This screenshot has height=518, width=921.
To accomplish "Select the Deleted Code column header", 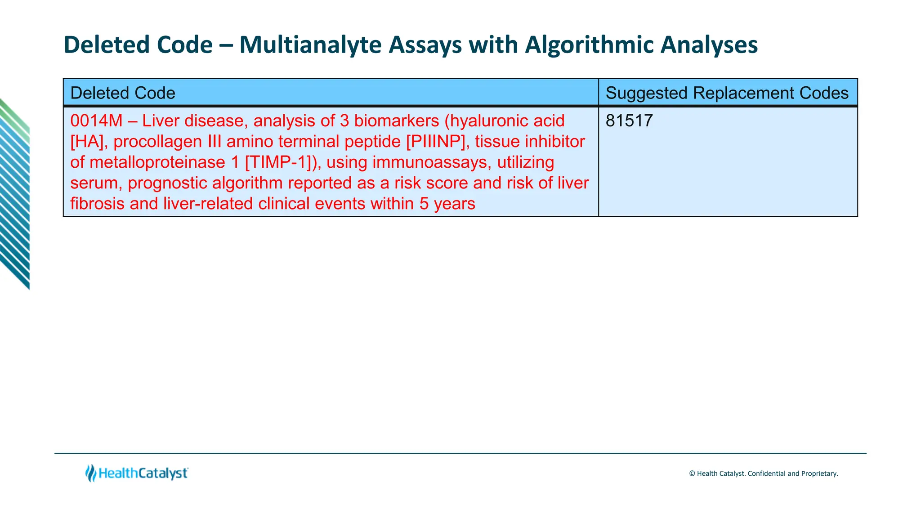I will [x=123, y=93].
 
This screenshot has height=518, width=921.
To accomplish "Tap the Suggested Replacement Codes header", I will [x=727, y=93].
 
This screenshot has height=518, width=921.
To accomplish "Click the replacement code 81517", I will [x=629, y=121].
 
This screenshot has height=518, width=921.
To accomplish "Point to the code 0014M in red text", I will [x=96, y=121].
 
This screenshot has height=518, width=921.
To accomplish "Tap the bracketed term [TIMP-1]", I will [x=280, y=162].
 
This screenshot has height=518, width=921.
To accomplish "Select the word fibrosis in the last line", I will [x=97, y=204].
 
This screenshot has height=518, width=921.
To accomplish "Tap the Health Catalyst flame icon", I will [x=91, y=473].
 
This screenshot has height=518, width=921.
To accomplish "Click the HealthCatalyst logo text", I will [x=143, y=473].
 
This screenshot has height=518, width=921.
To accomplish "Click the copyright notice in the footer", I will [x=763, y=473].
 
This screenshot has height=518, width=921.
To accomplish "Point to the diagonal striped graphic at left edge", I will [x=15, y=193].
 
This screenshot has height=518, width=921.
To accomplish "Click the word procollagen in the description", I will [x=157, y=142].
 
